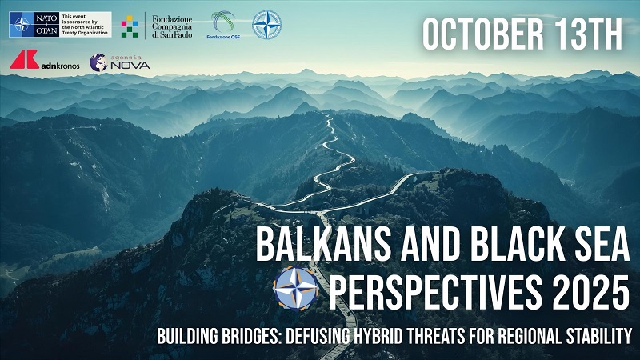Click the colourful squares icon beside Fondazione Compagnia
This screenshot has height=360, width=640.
(x=130, y=26)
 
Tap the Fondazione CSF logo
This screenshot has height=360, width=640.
(x=223, y=25)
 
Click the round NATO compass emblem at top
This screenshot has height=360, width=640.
(x=266, y=25)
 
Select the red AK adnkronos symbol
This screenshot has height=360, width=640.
(x=24, y=60)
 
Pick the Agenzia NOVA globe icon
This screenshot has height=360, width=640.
(x=98, y=62)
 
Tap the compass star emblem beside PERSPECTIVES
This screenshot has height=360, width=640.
(x=296, y=288)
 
